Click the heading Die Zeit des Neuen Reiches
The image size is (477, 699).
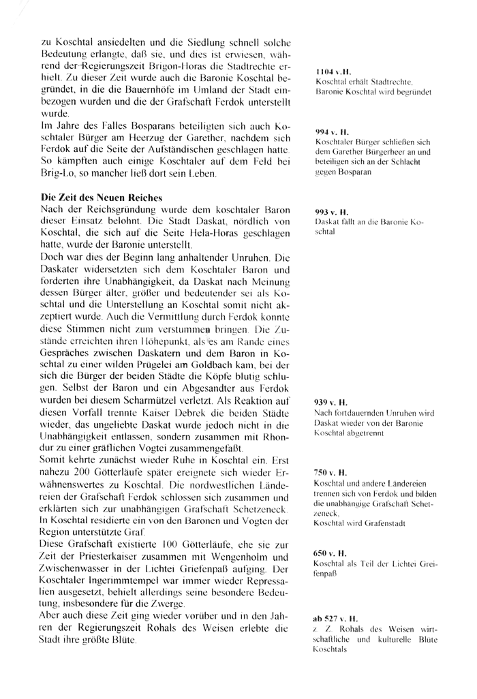pyautogui.click(x=102, y=197)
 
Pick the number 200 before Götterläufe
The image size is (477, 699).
pyautogui.click(x=86, y=473)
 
